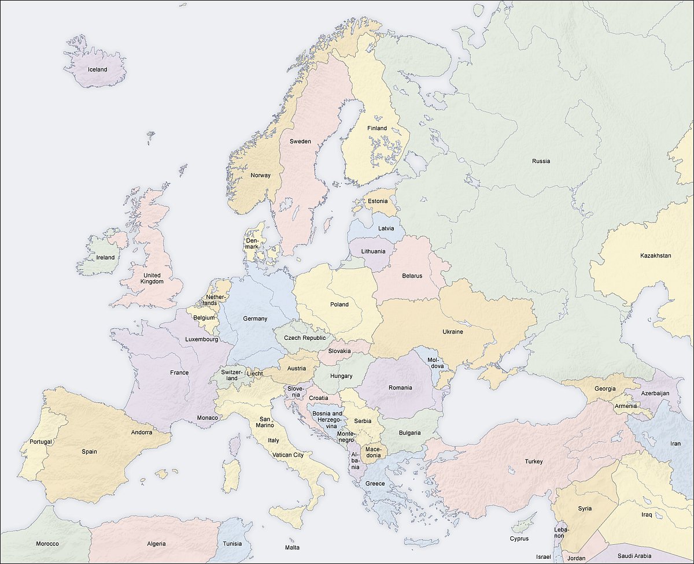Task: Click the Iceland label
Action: coord(97,69)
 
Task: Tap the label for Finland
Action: coord(377,128)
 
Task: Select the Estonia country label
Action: coord(378,201)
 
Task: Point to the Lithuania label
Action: coord(373,251)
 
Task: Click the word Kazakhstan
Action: coord(656,255)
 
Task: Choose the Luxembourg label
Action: coord(201,339)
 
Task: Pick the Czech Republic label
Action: coord(305,337)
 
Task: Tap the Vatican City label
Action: coord(287,455)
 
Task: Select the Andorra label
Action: coord(142,432)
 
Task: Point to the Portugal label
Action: coord(36,442)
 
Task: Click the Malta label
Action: coord(292,547)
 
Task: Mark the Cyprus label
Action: coord(519,539)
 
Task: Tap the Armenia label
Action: coord(626,406)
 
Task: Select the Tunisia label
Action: coord(232,544)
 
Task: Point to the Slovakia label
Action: coord(339,351)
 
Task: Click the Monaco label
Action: coord(208,417)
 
